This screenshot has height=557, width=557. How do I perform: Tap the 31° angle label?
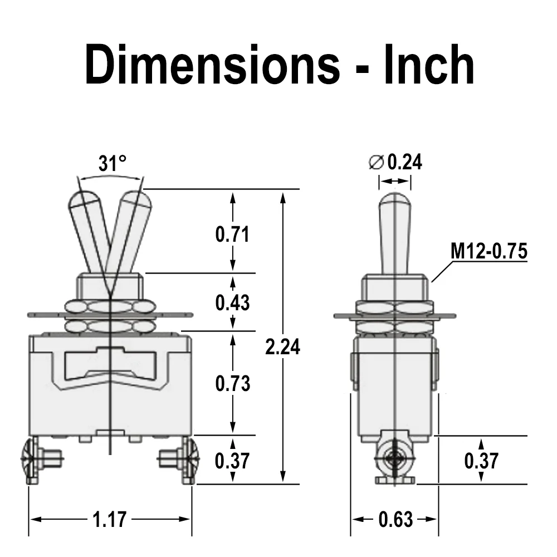(x=113, y=163)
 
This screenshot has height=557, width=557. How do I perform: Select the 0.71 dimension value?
(x=233, y=234)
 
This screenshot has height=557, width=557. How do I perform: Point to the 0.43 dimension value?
(x=233, y=302)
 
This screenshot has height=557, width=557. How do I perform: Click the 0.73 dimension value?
(x=233, y=384)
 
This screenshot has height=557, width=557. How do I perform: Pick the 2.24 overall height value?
(x=283, y=346)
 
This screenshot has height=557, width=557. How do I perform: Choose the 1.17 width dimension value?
(x=109, y=519)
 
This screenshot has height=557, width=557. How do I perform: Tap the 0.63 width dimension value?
(x=395, y=519)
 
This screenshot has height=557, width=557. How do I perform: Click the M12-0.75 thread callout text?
(x=489, y=251)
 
